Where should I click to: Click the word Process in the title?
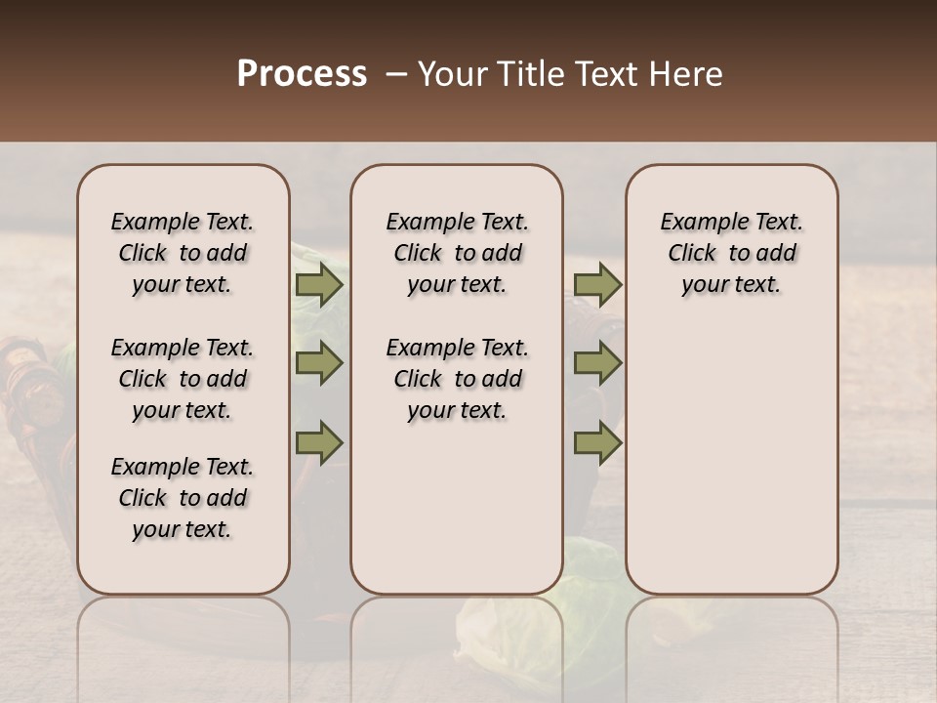(x=302, y=74)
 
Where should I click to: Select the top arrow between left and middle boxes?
(x=319, y=285)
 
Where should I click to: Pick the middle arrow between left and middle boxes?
(x=319, y=364)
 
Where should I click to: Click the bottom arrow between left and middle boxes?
(x=319, y=442)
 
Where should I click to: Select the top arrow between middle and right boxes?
(x=597, y=285)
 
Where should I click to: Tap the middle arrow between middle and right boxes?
(x=597, y=364)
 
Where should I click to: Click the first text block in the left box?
(x=183, y=253)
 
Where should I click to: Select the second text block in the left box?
(x=183, y=379)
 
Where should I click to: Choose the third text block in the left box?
(x=183, y=498)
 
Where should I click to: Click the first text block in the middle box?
(x=457, y=253)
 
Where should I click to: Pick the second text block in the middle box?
(x=457, y=379)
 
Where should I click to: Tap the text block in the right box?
(x=732, y=253)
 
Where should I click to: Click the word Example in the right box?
(x=699, y=222)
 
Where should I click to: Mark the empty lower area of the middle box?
(x=457, y=508)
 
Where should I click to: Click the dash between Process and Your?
(x=396, y=74)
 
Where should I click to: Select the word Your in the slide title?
(x=454, y=74)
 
